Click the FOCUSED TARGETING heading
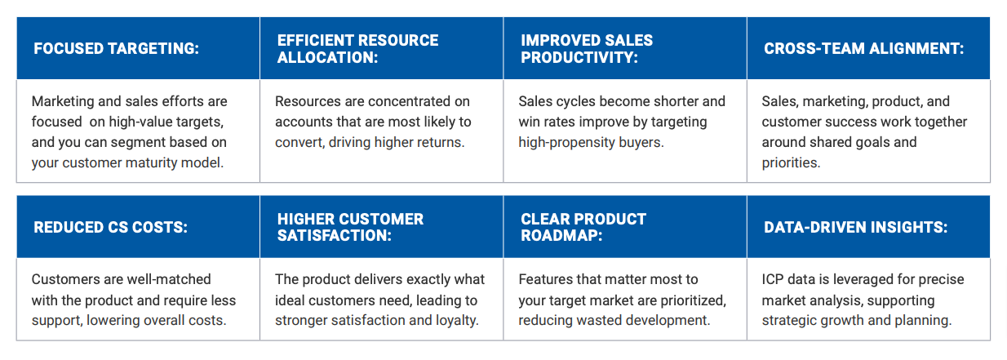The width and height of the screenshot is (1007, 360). point(116,49)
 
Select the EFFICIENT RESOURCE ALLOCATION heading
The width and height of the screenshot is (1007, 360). point(357,49)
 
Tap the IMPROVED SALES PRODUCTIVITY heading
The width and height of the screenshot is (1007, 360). point(587,49)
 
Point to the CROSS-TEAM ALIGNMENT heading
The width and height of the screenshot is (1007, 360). point(863,49)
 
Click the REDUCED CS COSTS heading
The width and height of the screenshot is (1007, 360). point(110,228)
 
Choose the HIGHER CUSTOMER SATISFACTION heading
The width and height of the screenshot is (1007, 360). point(350,228)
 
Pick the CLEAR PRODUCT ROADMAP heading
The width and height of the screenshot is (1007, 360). point(583,228)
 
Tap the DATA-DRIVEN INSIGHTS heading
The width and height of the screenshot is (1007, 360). point(855,228)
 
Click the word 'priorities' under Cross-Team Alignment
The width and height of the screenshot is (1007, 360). point(789,162)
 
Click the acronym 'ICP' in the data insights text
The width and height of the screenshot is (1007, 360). point(774,279)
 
